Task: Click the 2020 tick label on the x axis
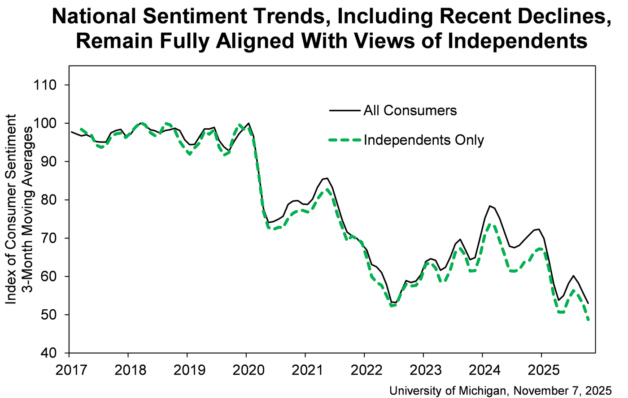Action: (x=246, y=371)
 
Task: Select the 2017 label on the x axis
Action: (x=69, y=371)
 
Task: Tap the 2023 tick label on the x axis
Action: (x=423, y=371)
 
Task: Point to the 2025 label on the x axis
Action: (x=541, y=371)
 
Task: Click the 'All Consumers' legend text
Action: (x=410, y=111)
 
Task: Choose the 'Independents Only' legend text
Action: (x=423, y=140)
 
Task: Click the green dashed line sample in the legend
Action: (x=345, y=140)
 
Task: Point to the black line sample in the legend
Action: (x=345, y=111)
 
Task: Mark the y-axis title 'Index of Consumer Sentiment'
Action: (x=11, y=209)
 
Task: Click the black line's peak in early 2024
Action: (x=490, y=206)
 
